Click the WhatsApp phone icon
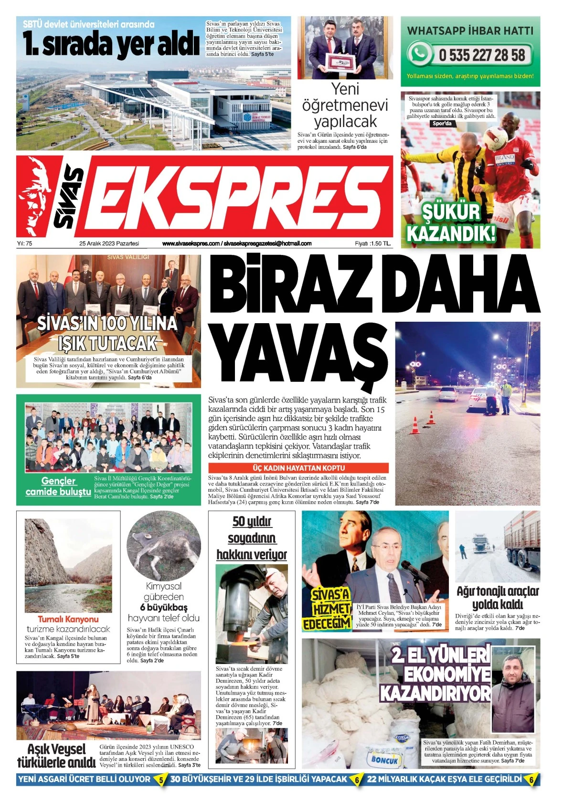coord(419,53)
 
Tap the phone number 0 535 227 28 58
coord(482,55)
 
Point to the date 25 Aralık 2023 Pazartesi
coord(109,243)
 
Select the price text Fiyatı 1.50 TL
coord(372,243)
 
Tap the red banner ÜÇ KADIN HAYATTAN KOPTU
coord(298,468)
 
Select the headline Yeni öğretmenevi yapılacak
coord(345,106)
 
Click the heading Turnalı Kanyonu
coord(68,619)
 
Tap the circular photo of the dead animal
coord(164,546)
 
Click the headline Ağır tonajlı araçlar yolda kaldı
coord(498,598)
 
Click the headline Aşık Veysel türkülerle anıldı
coord(56,756)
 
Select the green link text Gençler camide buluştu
coord(58,486)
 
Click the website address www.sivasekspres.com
coord(191,243)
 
